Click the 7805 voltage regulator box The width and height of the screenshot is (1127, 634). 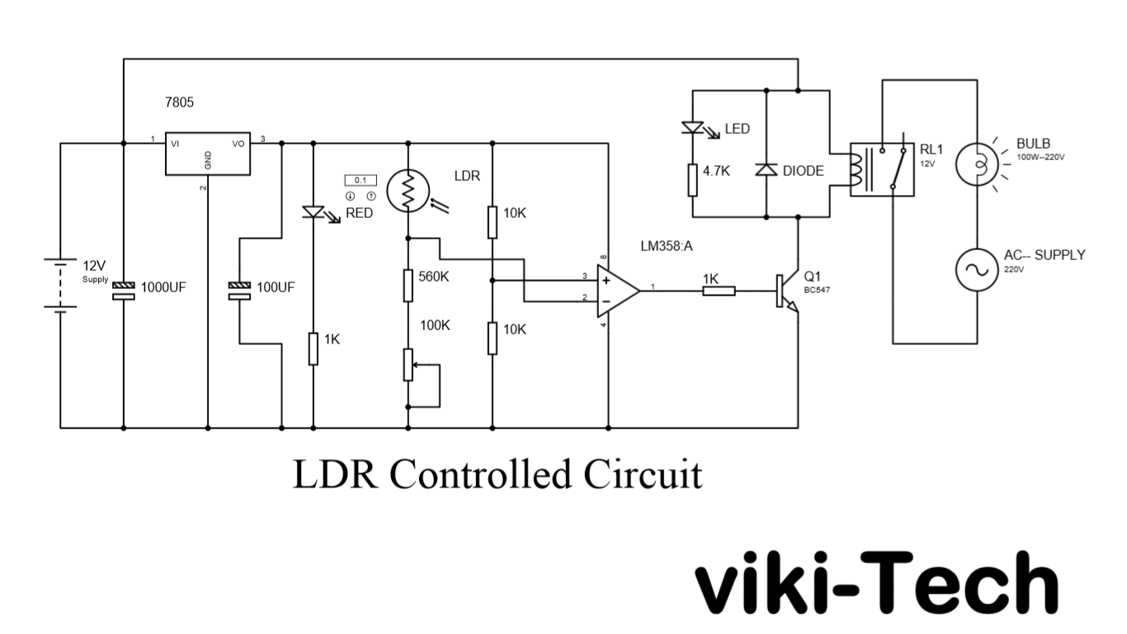(x=207, y=154)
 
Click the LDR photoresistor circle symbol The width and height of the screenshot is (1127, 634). (x=407, y=192)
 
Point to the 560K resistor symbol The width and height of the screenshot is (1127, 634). (x=408, y=284)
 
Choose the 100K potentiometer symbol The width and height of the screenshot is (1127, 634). (x=408, y=364)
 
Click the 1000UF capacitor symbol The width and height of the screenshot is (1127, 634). (x=124, y=288)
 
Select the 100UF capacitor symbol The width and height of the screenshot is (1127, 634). (x=239, y=288)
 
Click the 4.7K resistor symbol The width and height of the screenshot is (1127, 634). (x=691, y=179)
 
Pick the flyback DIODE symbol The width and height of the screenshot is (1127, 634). (x=767, y=170)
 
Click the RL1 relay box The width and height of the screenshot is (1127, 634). (x=882, y=169)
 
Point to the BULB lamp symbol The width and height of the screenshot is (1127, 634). (x=978, y=165)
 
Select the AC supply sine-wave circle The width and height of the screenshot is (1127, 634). (x=978, y=270)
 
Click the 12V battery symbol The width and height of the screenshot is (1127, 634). (x=60, y=285)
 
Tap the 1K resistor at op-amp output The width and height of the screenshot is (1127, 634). (x=719, y=291)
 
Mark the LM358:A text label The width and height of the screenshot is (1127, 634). (x=667, y=246)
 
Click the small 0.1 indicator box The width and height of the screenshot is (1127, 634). (x=360, y=180)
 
